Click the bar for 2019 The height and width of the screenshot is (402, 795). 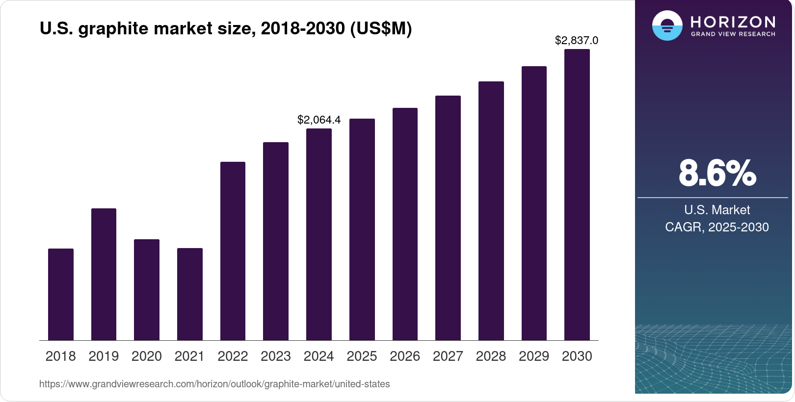point(104,275)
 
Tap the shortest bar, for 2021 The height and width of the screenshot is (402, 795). point(190,294)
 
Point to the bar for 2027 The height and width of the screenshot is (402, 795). point(448,218)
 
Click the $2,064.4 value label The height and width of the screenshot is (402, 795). point(318,120)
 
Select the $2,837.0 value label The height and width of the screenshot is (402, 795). point(576,40)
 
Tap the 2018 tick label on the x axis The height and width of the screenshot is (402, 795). point(60,356)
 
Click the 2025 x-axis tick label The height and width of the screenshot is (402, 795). point(362,356)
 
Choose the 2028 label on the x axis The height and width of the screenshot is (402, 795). point(491,356)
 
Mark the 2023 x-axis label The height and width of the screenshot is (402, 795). point(276,356)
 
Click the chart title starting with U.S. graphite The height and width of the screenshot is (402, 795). point(226,28)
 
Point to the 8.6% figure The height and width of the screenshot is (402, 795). point(717,173)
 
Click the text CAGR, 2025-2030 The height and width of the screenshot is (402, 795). point(716,227)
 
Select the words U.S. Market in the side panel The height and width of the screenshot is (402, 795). point(716,210)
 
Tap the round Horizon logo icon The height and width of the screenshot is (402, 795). point(667,25)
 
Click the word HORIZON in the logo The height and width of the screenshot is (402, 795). point(733,22)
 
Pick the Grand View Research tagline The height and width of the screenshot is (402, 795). point(733,34)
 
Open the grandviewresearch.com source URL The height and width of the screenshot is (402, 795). point(214,384)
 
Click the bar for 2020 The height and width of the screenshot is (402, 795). point(147,290)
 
